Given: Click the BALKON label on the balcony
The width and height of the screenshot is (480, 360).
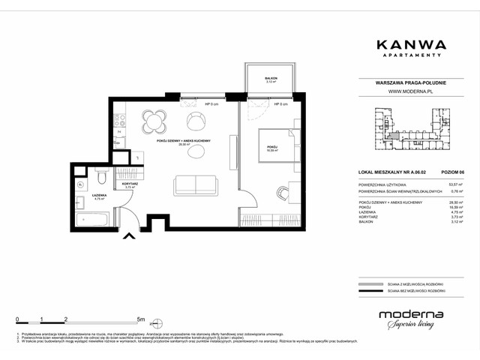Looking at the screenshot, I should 271,79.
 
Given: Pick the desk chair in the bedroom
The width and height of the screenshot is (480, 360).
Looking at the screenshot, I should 283,193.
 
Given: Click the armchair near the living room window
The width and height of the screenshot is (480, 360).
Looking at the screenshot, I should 196,120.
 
